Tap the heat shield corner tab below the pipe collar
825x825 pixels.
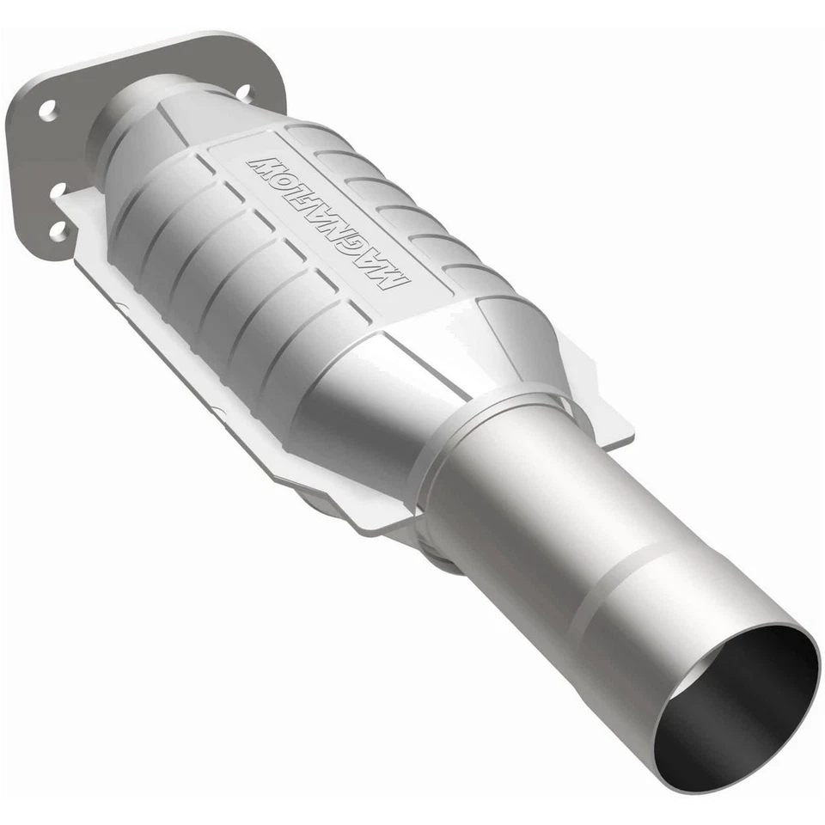click(x=378, y=516)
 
